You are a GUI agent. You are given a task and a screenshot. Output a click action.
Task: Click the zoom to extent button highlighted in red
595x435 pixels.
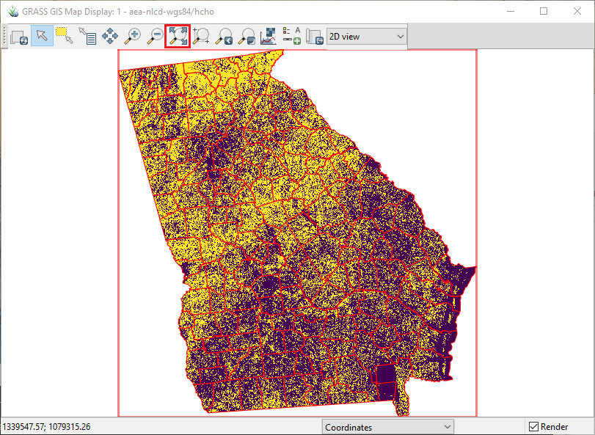coord(178,35)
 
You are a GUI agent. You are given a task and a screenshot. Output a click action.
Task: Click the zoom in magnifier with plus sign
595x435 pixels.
coord(133,35)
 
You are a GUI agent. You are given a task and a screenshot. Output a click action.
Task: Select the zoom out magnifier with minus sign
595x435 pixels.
coord(156,35)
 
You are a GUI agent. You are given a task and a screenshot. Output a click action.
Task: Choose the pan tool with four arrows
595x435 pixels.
coord(110,35)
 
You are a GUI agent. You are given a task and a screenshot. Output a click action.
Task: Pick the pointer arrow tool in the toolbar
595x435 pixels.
coord(42,35)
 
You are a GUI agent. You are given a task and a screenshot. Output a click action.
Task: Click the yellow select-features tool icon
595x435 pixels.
coord(65,35)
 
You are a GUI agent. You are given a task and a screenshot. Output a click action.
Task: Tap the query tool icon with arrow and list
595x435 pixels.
coord(87,35)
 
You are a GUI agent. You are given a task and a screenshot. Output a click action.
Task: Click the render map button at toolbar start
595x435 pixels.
coord(20,36)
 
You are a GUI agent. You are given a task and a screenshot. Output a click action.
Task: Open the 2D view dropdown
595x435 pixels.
coord(366,36)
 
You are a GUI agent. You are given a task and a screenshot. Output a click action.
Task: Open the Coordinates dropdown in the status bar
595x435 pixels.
coord(388,427)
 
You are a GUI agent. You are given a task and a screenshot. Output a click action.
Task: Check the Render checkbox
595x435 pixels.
coord(533,427)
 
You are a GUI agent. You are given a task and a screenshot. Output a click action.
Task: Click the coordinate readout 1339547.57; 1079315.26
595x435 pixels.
coord(46,427)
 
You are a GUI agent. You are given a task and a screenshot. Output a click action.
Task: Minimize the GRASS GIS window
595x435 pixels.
coord(510,11)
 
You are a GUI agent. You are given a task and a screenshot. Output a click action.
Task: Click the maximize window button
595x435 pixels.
coord(544,11)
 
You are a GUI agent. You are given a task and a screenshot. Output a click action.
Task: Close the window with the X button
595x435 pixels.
coord(577,11)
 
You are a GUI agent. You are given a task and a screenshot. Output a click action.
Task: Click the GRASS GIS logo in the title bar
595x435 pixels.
coord(12,12)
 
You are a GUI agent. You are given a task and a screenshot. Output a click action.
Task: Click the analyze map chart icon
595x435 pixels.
coord(269,35)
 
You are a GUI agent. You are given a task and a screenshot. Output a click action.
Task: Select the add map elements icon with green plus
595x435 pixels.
coord(291,35)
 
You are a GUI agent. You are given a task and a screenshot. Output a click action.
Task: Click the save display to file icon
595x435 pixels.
coord(315,36)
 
